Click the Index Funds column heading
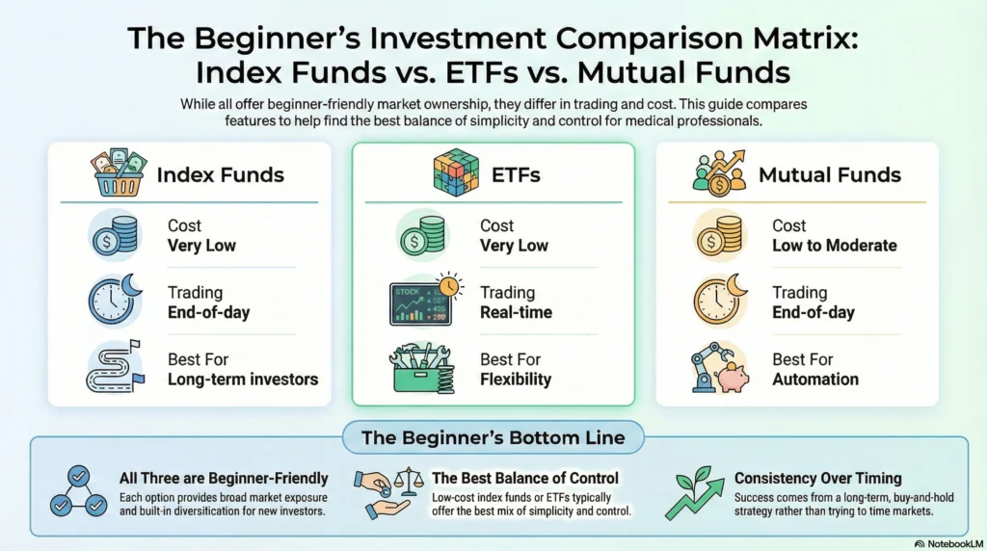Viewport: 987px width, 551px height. [220, 174]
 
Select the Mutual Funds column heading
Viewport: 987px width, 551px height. [830, 174]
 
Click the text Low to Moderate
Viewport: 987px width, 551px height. [834, 246]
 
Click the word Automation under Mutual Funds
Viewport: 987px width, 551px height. [815, 379]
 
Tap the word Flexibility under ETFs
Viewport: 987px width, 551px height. [516, 379]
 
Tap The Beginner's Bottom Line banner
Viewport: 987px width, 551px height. [493, 437]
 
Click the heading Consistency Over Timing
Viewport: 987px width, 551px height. [817, 478]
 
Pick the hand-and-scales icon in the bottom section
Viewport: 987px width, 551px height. [389, 491]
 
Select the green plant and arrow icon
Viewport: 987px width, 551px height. [698, 492]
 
